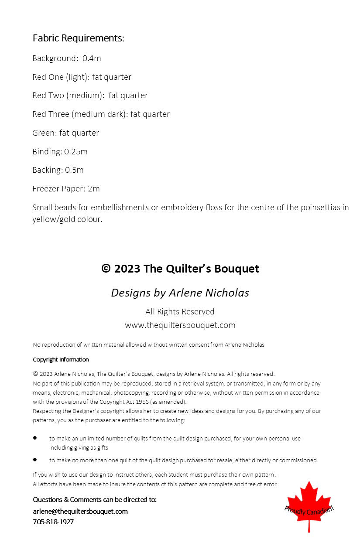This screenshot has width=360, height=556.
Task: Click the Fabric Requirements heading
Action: (x=79, y=38)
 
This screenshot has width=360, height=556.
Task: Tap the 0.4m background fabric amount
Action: (x=92, y=58)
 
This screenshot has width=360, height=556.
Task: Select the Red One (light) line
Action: (x=82, y=77)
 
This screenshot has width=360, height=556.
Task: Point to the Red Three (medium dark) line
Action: (x=101, y=114)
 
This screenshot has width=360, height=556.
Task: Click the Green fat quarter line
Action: (x=65, y=133)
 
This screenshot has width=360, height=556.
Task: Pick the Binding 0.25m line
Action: (x=60, y=152)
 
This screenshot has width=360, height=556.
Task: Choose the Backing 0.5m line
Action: (x=58, y=170)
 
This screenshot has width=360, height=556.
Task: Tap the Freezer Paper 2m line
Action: (x=66, y=189)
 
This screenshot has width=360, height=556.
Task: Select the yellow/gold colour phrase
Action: (x=67, y=219)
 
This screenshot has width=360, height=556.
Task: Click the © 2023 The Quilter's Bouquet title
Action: (x=180, y=269)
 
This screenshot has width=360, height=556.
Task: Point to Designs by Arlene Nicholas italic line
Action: (x=180, y=293)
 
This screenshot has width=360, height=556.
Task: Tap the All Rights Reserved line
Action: (x=180, y=312)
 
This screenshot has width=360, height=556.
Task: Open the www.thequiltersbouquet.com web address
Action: (x=180, y=325)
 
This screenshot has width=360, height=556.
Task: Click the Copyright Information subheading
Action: (x=61, y=360)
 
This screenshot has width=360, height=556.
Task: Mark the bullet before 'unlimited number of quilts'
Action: (x=35, y=438)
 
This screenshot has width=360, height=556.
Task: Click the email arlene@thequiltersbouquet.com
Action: (x=80, y=512)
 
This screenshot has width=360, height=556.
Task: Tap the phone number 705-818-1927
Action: (x=53, y=522)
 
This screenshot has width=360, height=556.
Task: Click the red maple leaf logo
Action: (x=309, y=506)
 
